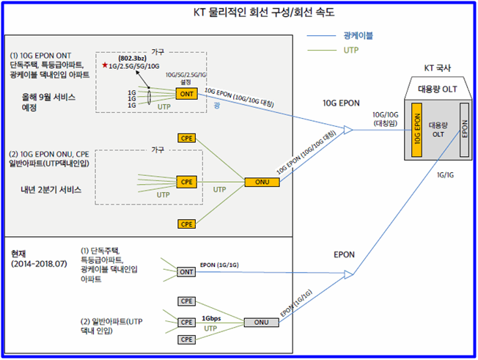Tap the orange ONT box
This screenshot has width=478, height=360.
pyautogui.click(x=186, y=94)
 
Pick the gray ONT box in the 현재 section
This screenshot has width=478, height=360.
pyautogui.click(x=186, y=271)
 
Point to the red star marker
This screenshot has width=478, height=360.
pyautogui.click(x=105, y=67)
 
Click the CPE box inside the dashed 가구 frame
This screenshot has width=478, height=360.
pyautogui.click(x=186, y=180)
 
